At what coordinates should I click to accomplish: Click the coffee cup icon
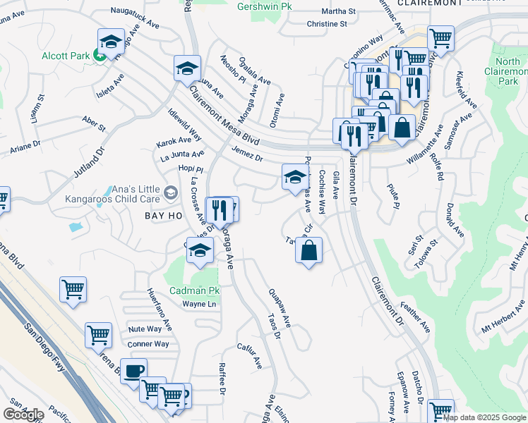133,372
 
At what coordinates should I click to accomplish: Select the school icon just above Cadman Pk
200,250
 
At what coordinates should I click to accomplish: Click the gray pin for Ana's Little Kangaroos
170,192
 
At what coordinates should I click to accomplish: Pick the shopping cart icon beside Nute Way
99,335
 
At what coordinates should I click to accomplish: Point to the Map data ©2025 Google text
484,417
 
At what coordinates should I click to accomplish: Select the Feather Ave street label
414,317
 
